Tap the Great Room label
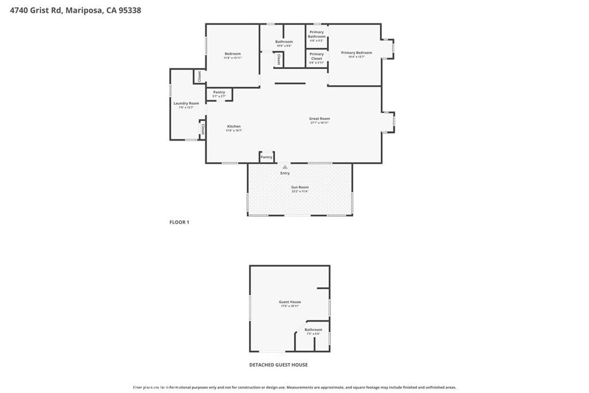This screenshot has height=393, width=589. [x=320, y=119]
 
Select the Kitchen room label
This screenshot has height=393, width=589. [x=234, y=127]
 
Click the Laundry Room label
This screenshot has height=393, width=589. [x=186, y=104]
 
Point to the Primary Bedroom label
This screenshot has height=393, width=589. [x=356, y=53]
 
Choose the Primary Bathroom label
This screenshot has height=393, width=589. [x=316, y=34]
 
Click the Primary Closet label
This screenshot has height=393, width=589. [x=316, y=56]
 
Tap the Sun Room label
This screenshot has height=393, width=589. [x=300, y=187]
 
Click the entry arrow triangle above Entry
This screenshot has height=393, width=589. [x=285, y=167]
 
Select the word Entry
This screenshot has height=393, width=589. [x=285, y=173]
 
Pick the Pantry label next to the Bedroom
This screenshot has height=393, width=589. [x=219, y=92]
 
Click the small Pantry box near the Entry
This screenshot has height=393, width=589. [x=266, y=157]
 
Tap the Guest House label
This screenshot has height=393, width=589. [x=290, y=302]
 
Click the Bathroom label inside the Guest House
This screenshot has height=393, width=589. [x=313, y=330]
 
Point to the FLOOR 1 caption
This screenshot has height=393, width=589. [x=179, y=222]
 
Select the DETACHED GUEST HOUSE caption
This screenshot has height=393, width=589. [x=278, y=365]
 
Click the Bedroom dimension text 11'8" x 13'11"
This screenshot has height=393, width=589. [x=232, y=58]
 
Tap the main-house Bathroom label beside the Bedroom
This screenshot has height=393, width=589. [x=284, y=41]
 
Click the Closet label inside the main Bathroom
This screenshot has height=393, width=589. [x=278, y=59]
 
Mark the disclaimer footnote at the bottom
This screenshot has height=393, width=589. [x=294, y=387]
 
